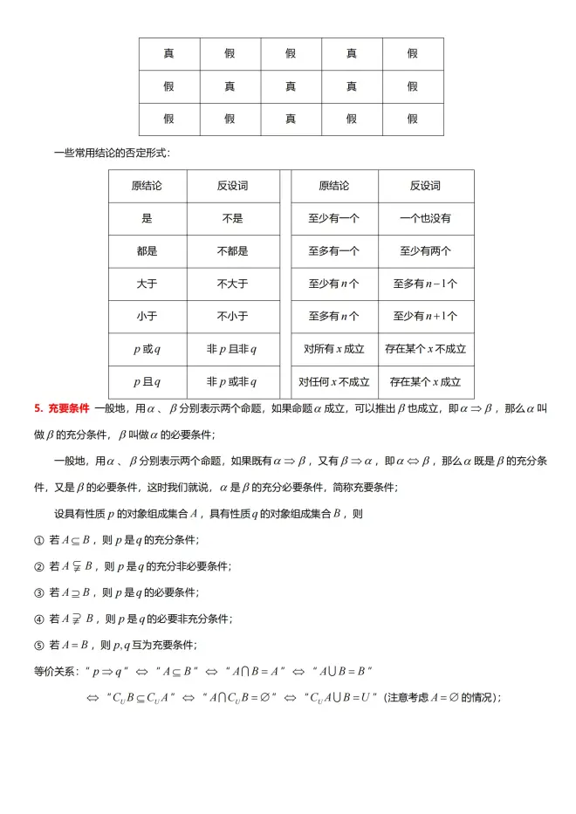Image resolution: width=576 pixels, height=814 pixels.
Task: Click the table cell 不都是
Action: [x=232, y=251]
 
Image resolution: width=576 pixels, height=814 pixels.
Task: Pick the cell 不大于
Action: [x=232, y=284]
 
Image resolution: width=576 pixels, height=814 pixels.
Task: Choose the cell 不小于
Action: [x=232, y=316]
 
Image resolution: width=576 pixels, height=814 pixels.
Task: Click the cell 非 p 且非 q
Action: [x=232, y=349]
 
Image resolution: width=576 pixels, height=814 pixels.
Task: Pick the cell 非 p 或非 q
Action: [x=232, y=381]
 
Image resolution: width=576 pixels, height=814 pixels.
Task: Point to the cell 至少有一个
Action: [x=334, y=219]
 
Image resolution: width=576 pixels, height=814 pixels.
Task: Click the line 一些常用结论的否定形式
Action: [x=111, y=153]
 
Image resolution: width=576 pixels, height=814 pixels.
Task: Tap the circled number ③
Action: [x=38, y=593]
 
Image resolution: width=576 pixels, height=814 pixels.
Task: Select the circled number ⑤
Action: [x=38, y=646]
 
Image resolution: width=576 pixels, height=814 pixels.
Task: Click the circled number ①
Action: [x=38, y=541]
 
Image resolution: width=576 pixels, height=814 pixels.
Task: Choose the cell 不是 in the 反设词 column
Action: [x=232, y=219]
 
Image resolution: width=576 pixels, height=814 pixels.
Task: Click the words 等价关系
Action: [x=54, y=672]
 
